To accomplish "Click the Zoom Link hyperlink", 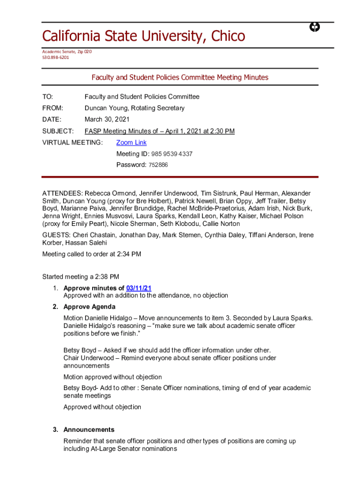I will tap(131, 143).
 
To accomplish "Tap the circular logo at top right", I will tap(315, 28).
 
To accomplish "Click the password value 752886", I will tap(158, 165).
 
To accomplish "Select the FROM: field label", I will tap(52, 108).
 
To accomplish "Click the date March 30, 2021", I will tap(107, 120).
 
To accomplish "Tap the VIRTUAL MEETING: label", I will tap(72, 143).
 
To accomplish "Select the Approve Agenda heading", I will tap(89, 307).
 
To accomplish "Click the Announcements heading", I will tap(89, 429).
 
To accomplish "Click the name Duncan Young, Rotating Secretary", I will tap(135, 108).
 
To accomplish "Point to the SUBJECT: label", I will tap(58, 131).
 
